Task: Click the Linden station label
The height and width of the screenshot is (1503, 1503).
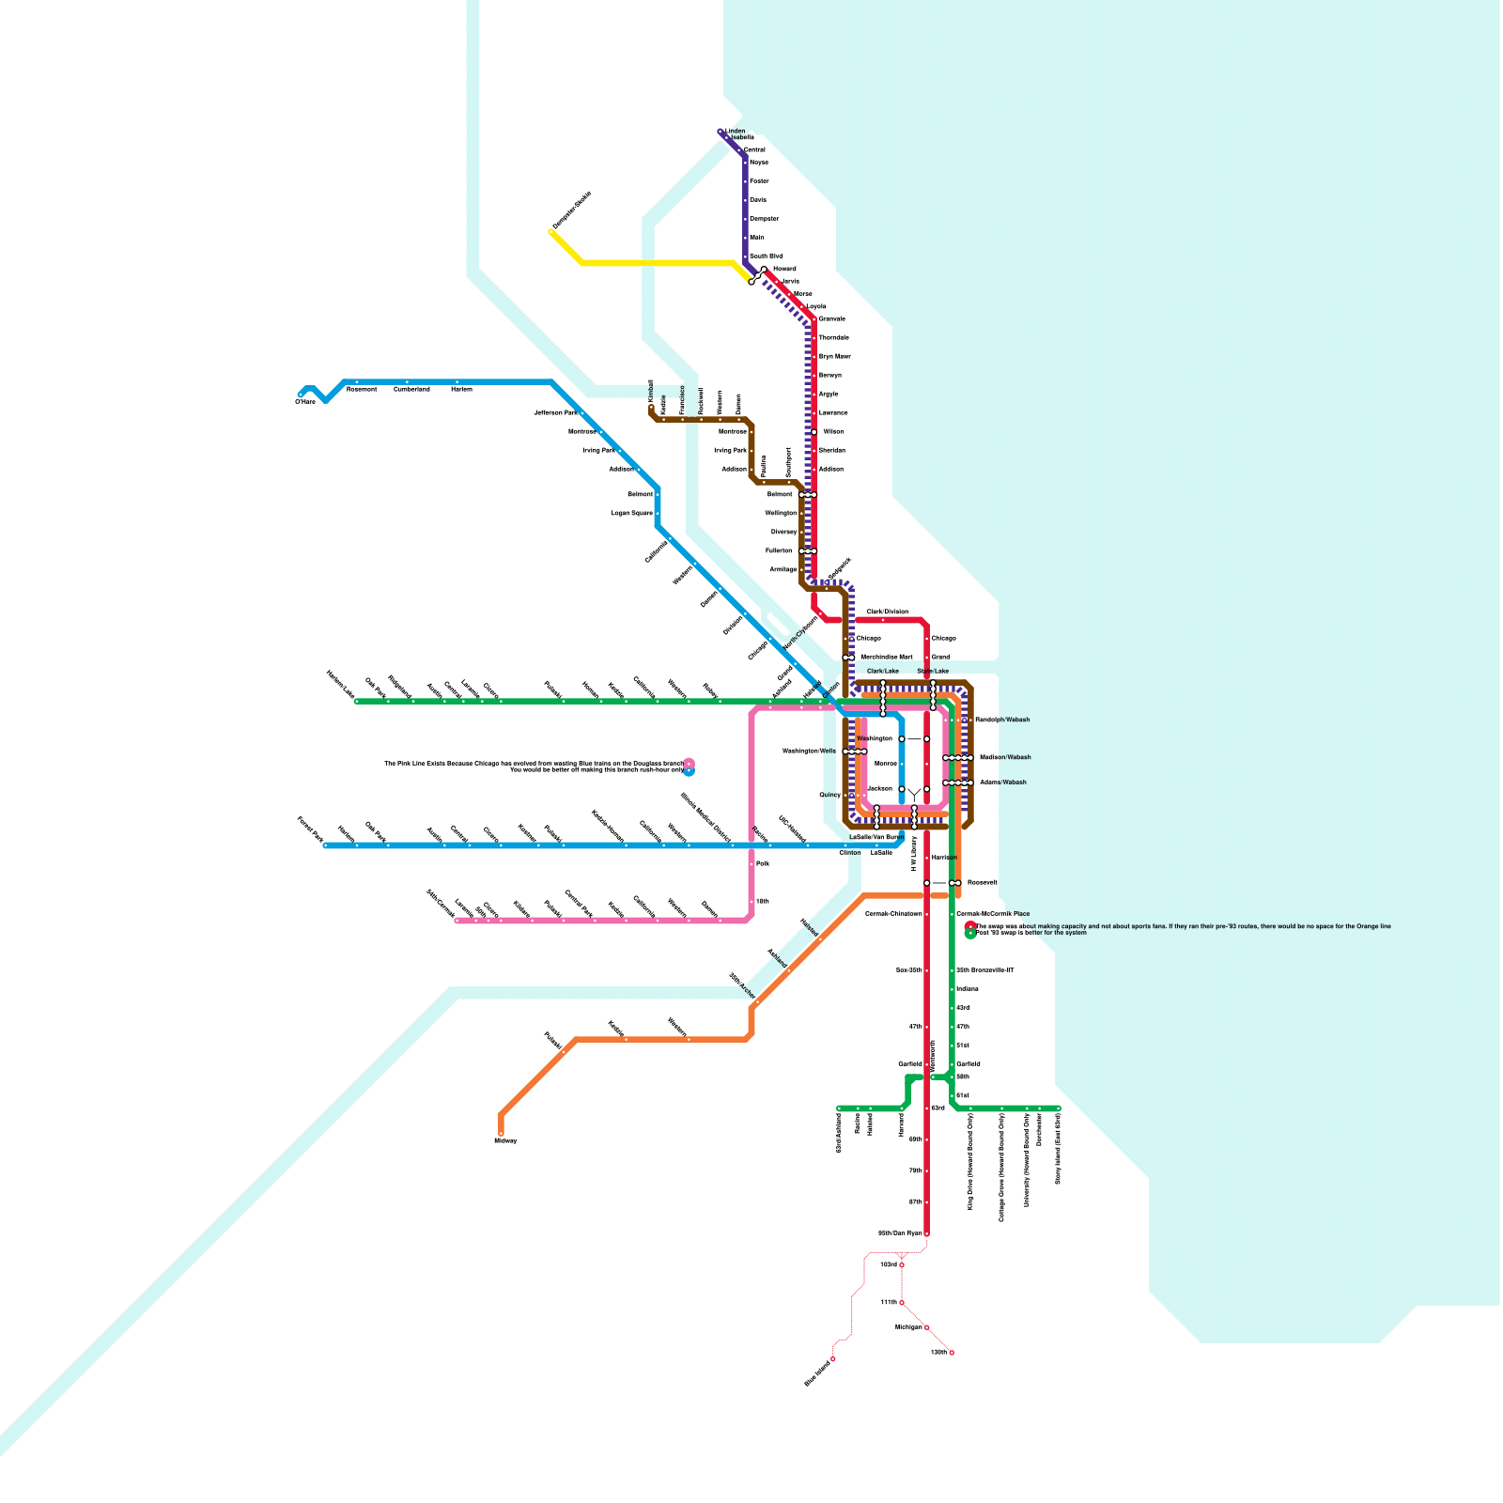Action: tap(736, 132)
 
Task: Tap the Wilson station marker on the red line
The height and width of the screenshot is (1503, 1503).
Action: tap(814, 432)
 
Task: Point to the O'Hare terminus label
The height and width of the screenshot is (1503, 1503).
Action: tap(305, 402)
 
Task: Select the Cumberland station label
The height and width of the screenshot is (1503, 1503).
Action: tap(411, 389)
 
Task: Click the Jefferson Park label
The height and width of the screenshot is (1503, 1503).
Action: tap(555, 412)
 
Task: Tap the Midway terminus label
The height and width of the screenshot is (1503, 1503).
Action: tap(505, 1140)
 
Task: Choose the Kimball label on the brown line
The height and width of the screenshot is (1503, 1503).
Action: tap(650, 391)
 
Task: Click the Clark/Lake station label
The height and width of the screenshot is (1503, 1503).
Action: tap(883, 672)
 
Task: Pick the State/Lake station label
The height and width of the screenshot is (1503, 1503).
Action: tap(933, 672)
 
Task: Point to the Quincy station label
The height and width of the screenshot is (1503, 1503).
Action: tap(829, 795)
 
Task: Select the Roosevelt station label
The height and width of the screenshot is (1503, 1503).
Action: tap(983, 883)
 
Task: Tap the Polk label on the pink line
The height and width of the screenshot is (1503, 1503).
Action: tap(763, 862)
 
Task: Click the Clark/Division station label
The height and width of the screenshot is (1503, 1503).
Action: tap(887, 612)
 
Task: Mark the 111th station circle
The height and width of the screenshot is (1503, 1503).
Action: tap(902, 1303)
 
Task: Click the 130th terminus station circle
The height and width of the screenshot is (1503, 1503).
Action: tap(952, 1353)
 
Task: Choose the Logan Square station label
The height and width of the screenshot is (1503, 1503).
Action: tap(631, 514)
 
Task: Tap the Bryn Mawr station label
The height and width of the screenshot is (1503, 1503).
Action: tap(835, 357)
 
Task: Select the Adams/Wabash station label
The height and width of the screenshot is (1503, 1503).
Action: tap(1003, 782)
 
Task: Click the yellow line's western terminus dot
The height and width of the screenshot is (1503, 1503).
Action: tap(551, 232)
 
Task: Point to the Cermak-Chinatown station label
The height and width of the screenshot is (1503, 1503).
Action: tap(893, 914)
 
